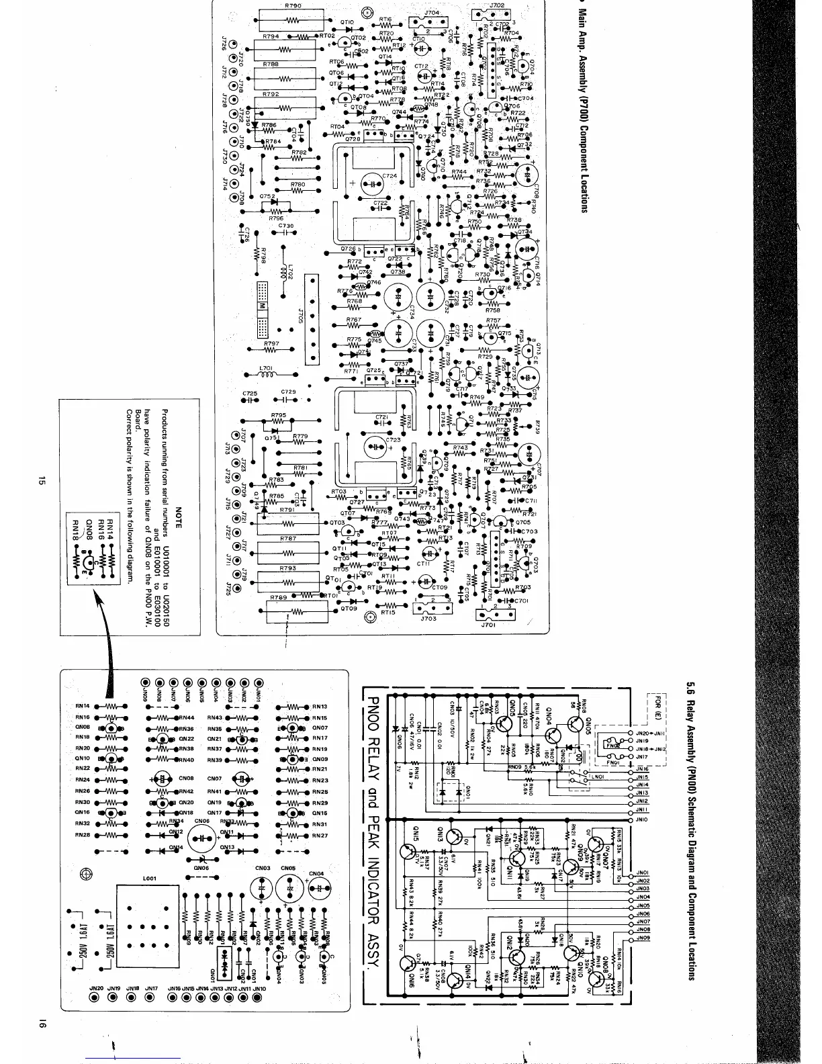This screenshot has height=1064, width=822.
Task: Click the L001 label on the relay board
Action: click(x=149, y=878)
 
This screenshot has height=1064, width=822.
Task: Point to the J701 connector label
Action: click(x=488, y=624)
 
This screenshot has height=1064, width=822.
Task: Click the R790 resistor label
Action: click(x=293, y=5)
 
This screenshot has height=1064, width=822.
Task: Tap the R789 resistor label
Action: click(x=278, y=596)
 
